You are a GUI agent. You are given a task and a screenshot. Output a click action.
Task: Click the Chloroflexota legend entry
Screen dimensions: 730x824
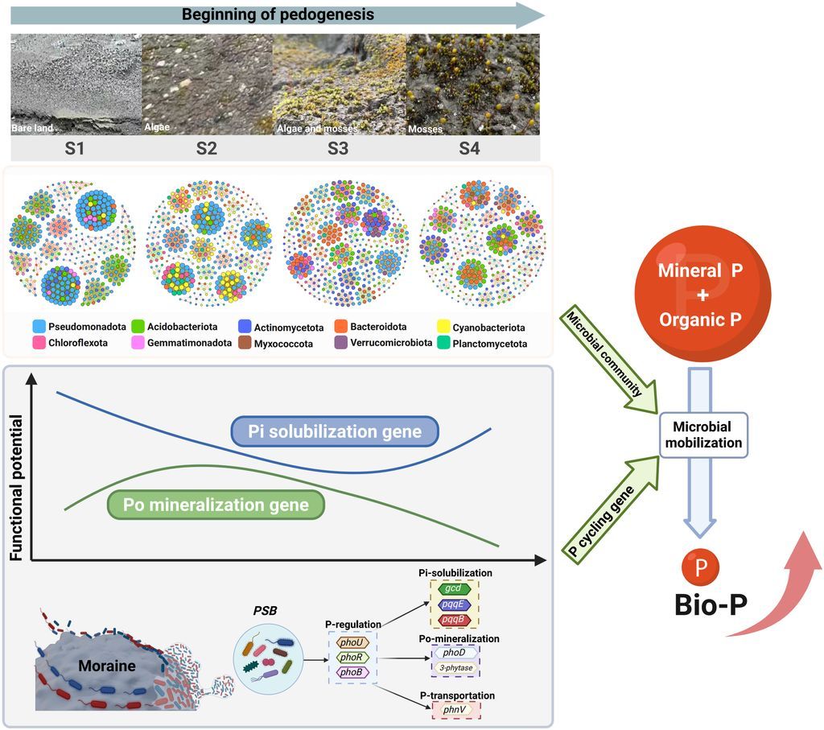click(66, 344)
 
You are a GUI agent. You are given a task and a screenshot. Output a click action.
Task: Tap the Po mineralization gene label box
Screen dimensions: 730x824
click(216, 505)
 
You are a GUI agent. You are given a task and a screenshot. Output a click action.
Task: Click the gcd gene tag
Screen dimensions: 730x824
click(455, 589)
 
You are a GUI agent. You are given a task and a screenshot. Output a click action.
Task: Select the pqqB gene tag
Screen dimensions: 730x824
click(455, 619)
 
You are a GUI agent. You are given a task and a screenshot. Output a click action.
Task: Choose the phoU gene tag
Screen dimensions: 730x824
click(351, 641)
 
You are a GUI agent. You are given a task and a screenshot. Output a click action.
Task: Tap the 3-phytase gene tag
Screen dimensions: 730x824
click(455, 667)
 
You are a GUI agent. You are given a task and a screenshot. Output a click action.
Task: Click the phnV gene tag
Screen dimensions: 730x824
click(455, 710)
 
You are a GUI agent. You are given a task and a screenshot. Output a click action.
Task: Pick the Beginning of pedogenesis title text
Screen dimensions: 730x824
click(278, 14)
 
